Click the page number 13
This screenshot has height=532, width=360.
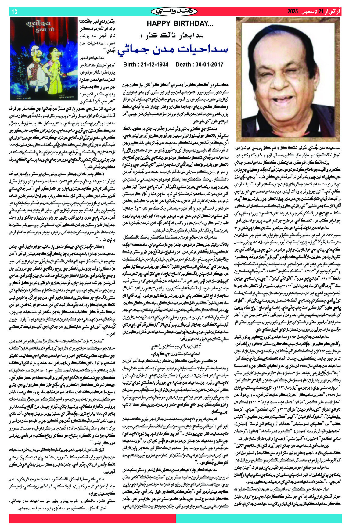click(x=14, y=12)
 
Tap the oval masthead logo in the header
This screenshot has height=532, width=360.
click(x=174, y=12)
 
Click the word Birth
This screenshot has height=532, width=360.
click(x=130, y=64)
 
